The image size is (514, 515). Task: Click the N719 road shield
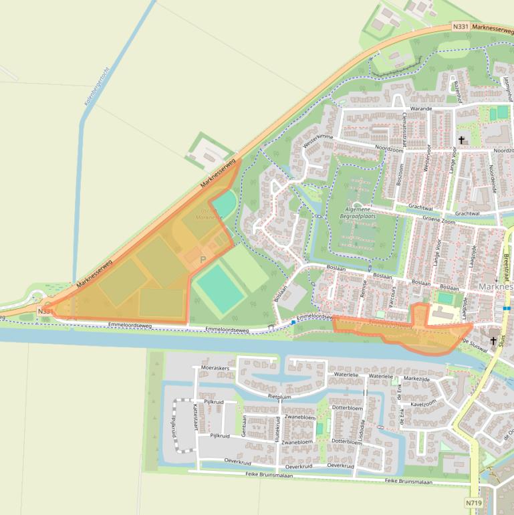pyautogui.click(x=473, y=502)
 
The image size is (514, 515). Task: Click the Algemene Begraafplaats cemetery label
pyautogui.click(x=359, y=213)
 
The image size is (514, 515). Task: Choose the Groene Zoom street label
pyautogui.click(x=439, y=219)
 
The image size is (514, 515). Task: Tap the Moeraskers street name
pyautogui.click(x=215, y=368)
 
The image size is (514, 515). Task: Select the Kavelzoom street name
pyautogui.click(x=422, y=403)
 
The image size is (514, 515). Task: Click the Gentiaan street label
pyautogui.click(x=244, y=425)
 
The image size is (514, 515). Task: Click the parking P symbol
pyautogui.click(x=203, y=259)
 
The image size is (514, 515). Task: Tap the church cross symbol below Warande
pyautogui.click(x=461, y=140)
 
